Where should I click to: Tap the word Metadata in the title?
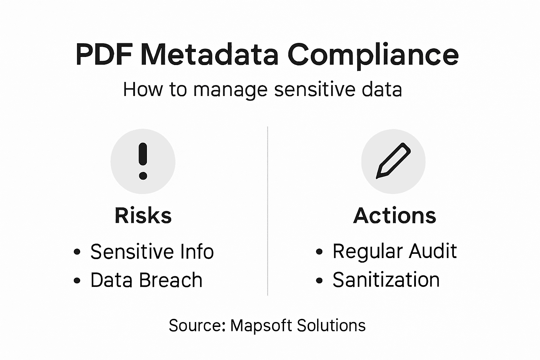[x=210, y=55]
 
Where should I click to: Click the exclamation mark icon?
[x=143, y=161]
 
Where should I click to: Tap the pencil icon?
[x=393, y=161]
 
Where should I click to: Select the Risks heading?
[x=143, y=216]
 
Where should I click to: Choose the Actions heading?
[x=394, y=216]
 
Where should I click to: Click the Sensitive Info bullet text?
[x=152, y=252]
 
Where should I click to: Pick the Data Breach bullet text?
[x=146, y=280]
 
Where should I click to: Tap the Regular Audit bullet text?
[x=394, y=251]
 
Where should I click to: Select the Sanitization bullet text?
[x=386, y=280]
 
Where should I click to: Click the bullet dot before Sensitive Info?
[x=77, y=252]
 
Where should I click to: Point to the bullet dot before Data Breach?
[x=77, y=281]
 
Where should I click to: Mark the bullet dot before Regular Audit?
[x=319, y=252]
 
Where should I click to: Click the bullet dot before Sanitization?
[x=319, y=280]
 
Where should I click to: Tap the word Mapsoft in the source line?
[x=261, y=326]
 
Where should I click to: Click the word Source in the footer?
[x=197, y=326]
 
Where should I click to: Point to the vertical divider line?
[x=268, y=211]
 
